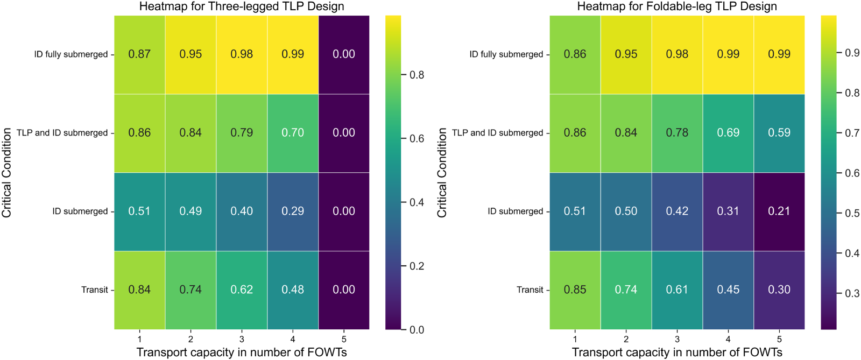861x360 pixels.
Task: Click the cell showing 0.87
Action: point(139,54)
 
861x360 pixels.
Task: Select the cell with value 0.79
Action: point(242,133)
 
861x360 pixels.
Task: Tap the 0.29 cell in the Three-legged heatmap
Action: point(293,211)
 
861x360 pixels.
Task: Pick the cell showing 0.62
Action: point(242,290)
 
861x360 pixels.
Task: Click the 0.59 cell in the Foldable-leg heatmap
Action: point(779,133)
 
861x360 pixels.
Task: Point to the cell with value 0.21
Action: point(779,211)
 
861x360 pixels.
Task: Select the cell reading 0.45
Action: point(728,290)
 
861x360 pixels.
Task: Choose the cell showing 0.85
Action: point(575,290)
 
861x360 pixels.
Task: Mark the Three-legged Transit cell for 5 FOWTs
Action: point(344,290)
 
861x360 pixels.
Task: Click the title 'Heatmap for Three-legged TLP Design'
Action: point(242,6)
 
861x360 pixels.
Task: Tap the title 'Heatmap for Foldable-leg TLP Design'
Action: point(677,6)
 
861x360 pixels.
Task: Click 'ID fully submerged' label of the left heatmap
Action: point(71,54)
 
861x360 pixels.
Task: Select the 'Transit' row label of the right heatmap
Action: point(530,290)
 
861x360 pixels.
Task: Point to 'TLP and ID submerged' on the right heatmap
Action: point(498,133)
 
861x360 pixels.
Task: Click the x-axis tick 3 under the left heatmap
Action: point(242,339)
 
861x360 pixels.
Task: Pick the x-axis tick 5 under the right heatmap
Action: point(779,339)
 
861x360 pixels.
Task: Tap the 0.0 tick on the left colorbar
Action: point(417,330)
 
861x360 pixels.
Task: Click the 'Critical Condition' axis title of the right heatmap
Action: point(442,172)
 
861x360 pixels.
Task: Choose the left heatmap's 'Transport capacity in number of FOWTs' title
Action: point(242,352)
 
